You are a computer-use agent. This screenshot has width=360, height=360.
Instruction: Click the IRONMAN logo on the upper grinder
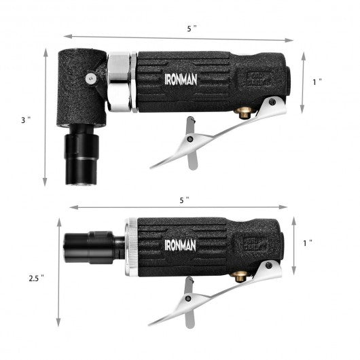tap(181, 79)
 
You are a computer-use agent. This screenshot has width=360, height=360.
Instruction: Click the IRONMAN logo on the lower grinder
tap(181, 245)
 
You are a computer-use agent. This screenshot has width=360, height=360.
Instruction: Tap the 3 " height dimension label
tap(26, 120)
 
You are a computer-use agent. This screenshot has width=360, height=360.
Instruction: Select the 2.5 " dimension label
tap(36, 278)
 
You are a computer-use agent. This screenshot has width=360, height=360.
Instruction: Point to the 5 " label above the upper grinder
tap(192, 29)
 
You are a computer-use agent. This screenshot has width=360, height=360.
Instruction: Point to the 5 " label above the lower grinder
tap(184, 200)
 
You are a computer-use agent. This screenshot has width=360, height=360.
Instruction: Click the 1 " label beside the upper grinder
tap(317, 82)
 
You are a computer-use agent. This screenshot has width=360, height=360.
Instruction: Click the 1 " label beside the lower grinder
tap(308, 243)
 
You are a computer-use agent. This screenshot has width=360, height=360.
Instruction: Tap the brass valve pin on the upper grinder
tap(244, 113)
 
